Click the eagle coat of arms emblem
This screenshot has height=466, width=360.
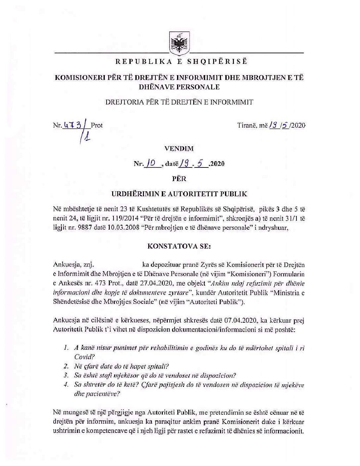tap(179, 43)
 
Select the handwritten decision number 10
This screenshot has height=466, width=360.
tap(152, 163)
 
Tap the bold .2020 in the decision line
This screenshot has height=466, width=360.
tap(217, 164)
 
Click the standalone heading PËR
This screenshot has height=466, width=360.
tap(179, 179)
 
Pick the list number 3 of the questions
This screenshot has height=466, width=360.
tap(66, 375)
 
